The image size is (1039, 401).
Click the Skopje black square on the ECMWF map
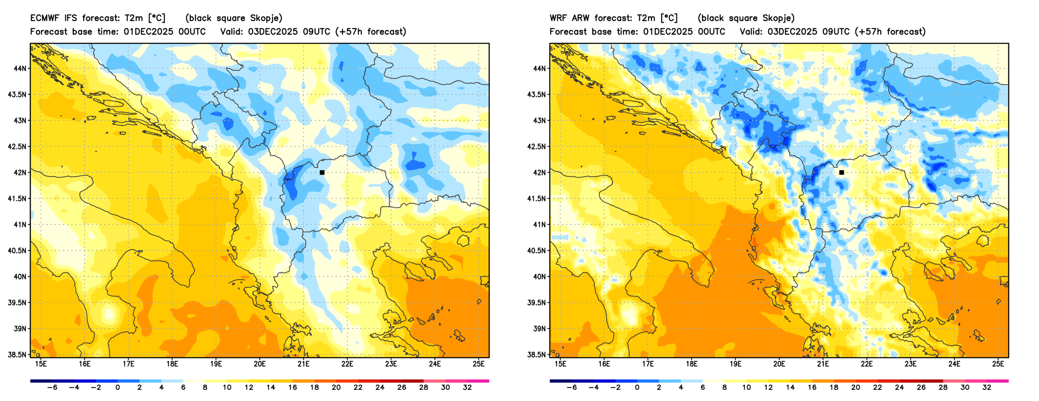322,173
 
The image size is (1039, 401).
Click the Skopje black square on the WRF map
841,173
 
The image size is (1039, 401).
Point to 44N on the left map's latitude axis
20,68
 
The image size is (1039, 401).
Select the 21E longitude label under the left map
303,364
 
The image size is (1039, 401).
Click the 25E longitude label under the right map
998,364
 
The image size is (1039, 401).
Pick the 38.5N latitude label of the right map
536,355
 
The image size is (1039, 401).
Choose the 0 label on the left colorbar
117,387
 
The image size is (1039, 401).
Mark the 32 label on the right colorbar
987,387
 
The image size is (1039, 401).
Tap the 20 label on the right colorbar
856,387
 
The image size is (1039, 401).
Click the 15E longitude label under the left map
41,364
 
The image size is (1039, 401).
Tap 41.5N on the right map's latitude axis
536,199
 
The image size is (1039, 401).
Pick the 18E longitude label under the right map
691,364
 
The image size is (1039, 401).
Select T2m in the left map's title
133,18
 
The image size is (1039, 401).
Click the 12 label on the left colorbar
249,387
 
